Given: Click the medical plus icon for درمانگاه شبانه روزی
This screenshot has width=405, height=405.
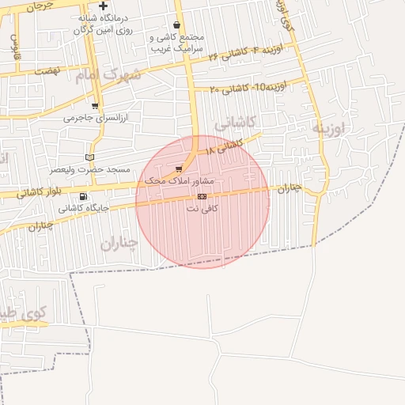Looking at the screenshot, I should (103, 6).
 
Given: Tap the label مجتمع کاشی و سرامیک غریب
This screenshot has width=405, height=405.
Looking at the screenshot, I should (176, 43).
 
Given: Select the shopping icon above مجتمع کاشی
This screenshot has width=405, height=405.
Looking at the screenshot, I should (176, 25).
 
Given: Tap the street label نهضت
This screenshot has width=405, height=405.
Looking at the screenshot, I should (47, 70).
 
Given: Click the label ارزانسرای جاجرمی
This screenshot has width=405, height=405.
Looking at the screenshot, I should (95, 118).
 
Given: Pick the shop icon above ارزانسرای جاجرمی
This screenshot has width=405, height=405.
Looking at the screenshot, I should (95, 105).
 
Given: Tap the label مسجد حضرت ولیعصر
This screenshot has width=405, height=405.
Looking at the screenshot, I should (89, 169).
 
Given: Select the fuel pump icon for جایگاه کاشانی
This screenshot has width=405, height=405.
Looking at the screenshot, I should (83, 196).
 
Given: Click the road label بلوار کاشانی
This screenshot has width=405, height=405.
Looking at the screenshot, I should (35, 192).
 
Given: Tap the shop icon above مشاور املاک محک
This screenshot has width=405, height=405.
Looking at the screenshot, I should (179, 169).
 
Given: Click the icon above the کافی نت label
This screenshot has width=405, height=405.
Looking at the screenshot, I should (202, 196).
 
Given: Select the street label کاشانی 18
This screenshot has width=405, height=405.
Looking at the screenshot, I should (222, 146).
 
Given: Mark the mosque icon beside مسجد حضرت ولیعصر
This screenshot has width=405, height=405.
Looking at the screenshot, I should (89, 157).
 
